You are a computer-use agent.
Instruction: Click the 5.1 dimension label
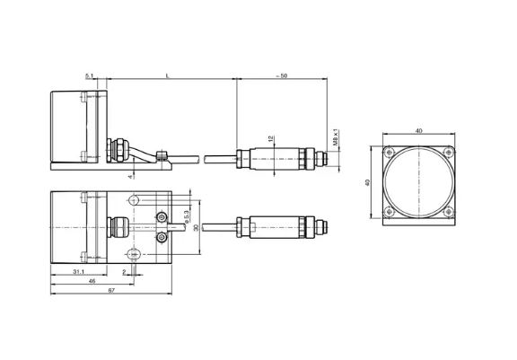(x=90, y=76)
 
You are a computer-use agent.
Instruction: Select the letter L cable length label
(x=168, y=76)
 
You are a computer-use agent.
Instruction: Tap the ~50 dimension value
(x=282, y=75)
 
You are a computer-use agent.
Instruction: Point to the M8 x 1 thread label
(x=336, y=137)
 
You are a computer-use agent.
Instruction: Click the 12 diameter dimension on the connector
(x=271, y=139)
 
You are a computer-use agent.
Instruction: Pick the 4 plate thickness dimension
(x=130, y=177)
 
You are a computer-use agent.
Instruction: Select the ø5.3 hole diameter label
(x=187, y=217)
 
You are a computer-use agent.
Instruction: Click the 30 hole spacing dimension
(x=197, y=227)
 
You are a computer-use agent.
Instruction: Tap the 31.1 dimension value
(x=78, y=272)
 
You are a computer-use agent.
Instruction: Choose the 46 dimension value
(x=92, y=281)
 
